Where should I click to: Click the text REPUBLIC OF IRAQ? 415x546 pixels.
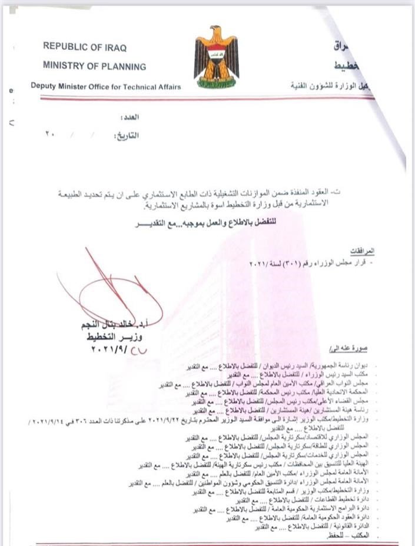pos(84,47)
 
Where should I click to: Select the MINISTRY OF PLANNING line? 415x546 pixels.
pos(94,66)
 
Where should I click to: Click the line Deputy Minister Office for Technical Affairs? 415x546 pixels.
pos(106,86)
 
